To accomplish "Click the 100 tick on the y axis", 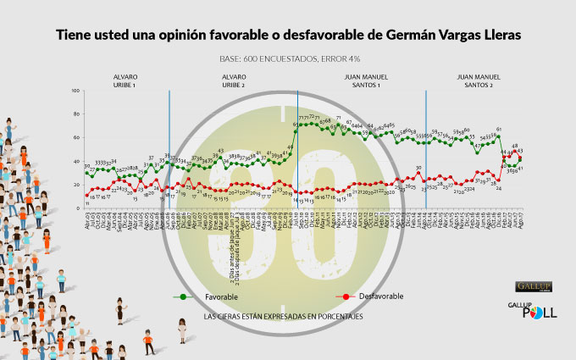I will click(77, 91).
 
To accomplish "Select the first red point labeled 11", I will click(86, 196).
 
